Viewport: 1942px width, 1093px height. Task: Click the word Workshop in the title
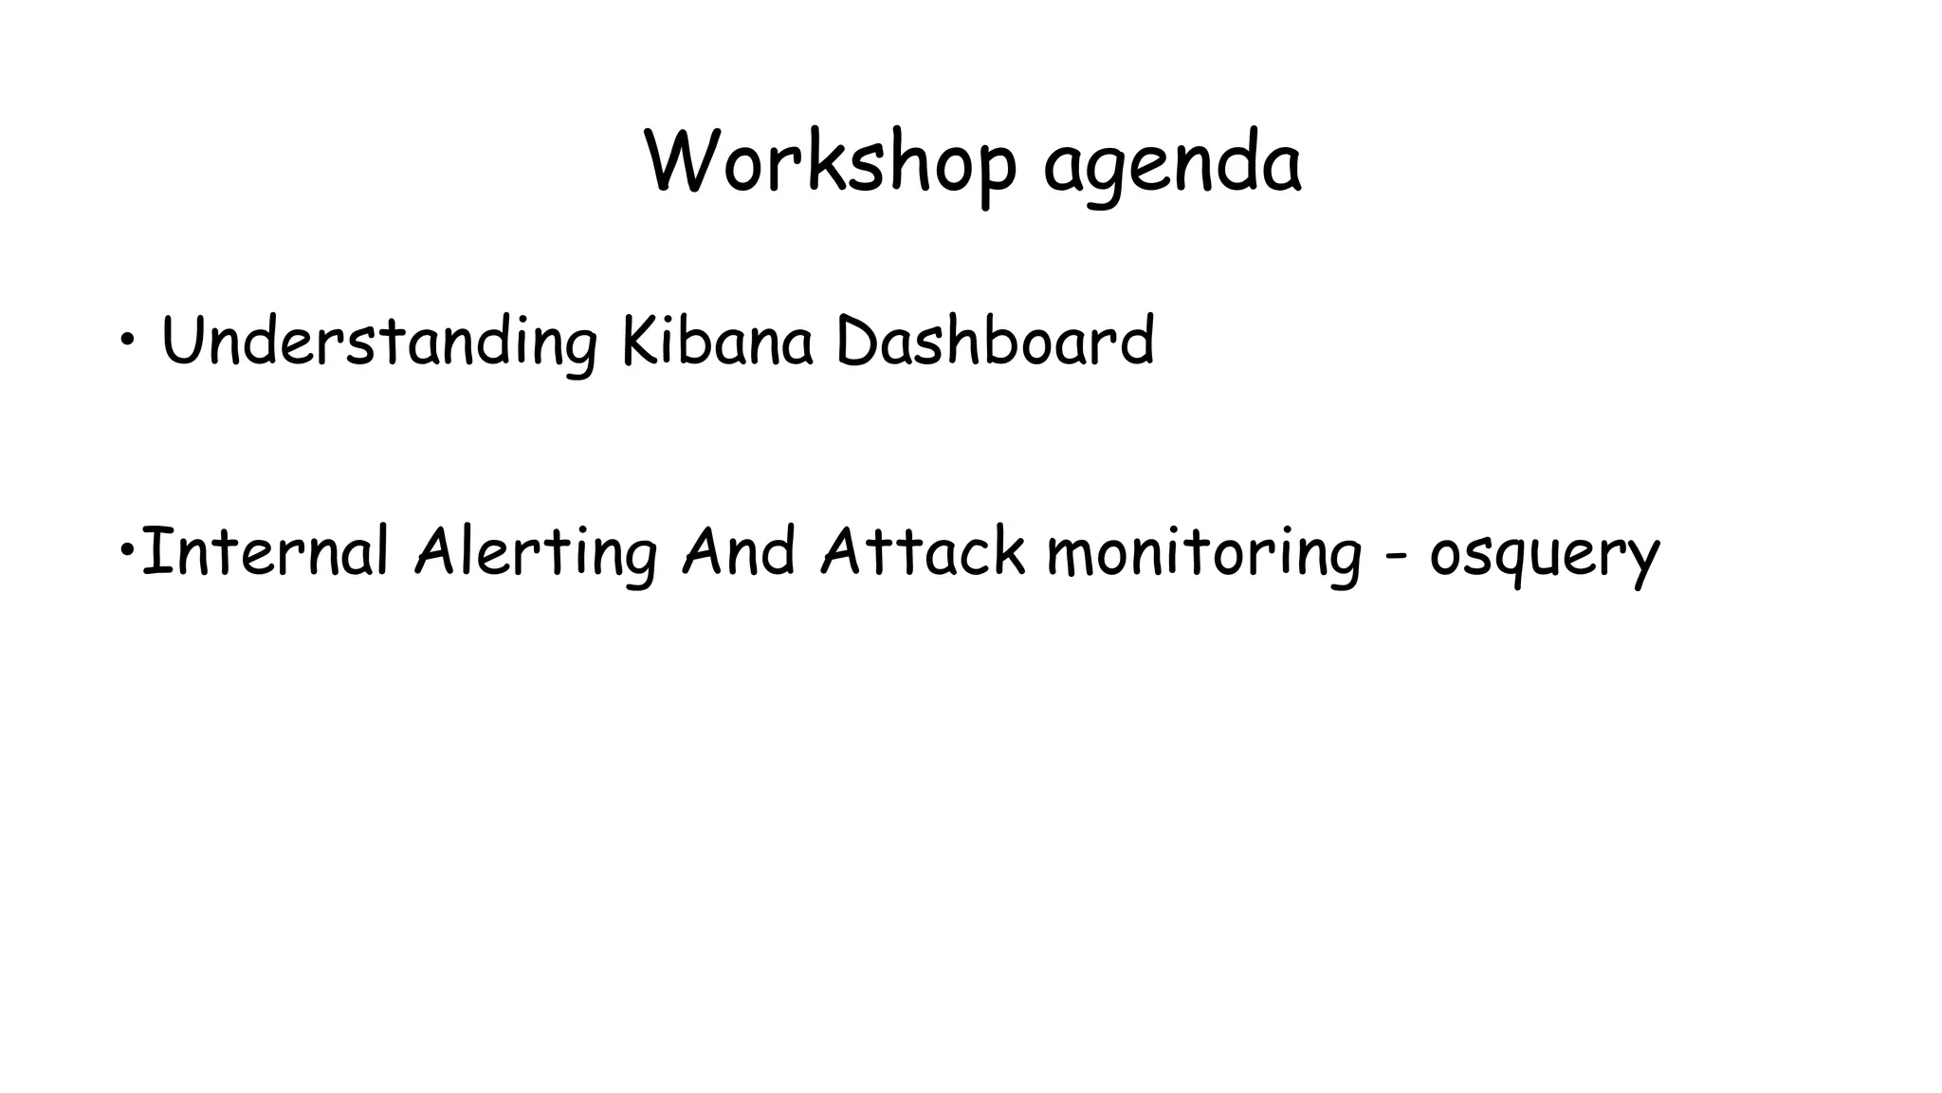pos(831,163)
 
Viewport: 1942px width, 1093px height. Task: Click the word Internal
pos(266,551)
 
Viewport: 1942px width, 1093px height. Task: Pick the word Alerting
pos(536,553)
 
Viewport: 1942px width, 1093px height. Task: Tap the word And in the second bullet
pos(739,551)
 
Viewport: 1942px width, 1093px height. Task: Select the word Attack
pos(923,551)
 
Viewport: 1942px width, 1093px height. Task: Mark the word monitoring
pos(1204,553)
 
